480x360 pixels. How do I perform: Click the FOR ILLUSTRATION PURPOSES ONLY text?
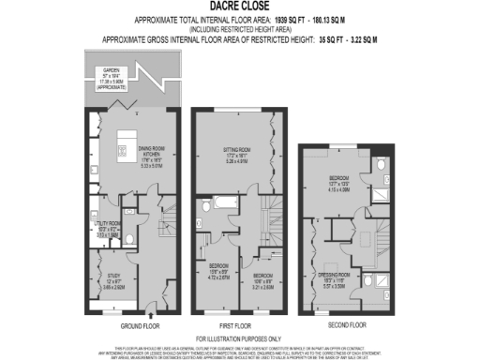[240, 337]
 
